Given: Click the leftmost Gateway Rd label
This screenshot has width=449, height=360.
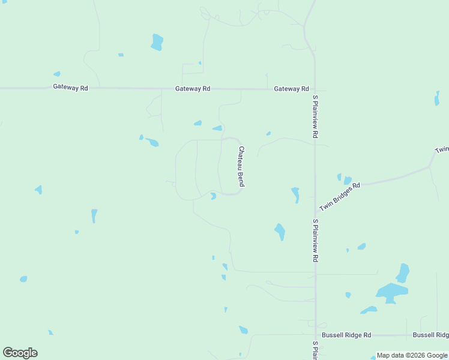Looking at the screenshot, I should pos(70,88).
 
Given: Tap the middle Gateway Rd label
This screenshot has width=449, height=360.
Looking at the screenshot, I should pos(193,89).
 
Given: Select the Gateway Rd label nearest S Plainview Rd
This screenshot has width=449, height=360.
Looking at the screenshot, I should pos(291,89).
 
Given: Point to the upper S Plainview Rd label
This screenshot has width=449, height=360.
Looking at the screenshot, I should pos(315,116).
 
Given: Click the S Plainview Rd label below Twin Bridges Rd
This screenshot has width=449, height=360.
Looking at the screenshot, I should pos(315,240).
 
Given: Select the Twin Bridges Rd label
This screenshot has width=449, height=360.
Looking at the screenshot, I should pos(340,196).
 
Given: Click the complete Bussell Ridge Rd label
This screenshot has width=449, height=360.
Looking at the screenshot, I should pos(346,335).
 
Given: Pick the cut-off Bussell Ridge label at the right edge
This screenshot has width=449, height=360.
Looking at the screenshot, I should pos(430,335).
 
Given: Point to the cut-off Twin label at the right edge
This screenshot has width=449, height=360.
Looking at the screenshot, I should pos(442,149).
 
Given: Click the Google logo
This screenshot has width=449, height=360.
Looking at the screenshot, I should pos(20,353).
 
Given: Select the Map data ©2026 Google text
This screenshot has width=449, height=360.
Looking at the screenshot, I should pos(412,355).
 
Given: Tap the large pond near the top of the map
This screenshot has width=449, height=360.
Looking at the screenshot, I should pos(157,41).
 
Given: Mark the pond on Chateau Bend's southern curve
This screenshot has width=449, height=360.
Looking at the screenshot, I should pos(213,196).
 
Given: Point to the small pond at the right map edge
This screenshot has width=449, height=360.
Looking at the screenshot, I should pos(437,98).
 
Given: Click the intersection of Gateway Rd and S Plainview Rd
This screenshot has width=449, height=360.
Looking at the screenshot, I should pos(315,89).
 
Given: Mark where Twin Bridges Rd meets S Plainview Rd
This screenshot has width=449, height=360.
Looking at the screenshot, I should pos(315,214).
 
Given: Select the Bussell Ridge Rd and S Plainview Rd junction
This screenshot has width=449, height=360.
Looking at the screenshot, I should pos(315,335).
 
